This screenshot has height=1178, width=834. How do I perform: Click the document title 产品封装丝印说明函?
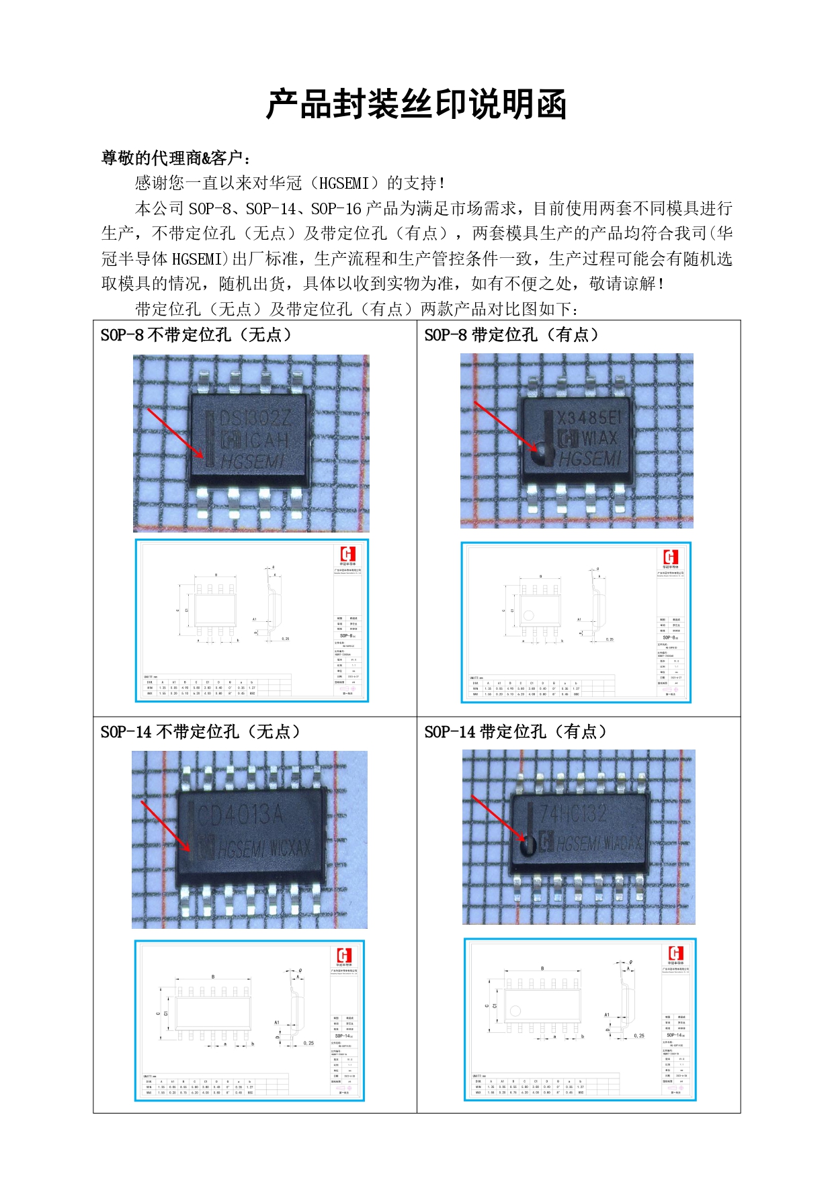416,105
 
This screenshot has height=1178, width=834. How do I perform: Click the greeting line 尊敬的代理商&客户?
177,158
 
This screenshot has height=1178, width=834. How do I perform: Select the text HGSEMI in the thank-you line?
343,183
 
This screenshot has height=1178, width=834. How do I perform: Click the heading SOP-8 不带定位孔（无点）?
196,334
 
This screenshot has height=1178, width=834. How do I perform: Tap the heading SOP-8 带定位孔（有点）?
511,334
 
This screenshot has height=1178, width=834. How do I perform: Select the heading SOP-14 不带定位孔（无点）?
200,731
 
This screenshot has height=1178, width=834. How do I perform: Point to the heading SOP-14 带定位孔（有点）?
515,731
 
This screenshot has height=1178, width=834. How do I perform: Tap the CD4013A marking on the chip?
241,815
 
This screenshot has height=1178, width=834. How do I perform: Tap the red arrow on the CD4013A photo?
166,827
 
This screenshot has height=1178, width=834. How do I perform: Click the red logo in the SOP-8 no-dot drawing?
347,554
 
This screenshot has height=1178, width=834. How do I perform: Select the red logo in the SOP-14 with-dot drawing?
675,953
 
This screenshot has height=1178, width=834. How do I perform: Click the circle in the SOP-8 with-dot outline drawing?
528,615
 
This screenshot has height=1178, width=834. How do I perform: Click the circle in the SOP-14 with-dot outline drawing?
515,1011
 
